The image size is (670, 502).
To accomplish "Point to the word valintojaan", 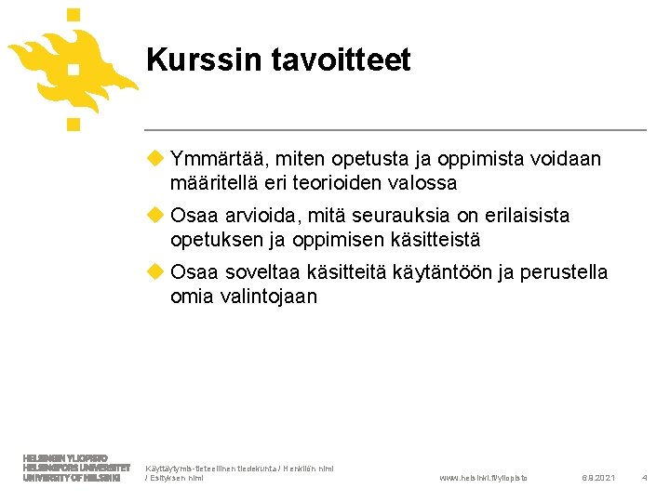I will (x=268, y=297).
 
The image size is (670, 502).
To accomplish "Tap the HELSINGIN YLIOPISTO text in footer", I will (x=65, y=458).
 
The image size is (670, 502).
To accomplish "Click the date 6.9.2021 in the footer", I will (x=598, y=477).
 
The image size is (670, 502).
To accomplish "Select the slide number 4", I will (x=644, y=477).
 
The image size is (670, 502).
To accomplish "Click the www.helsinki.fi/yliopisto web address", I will (x=482, y=477).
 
